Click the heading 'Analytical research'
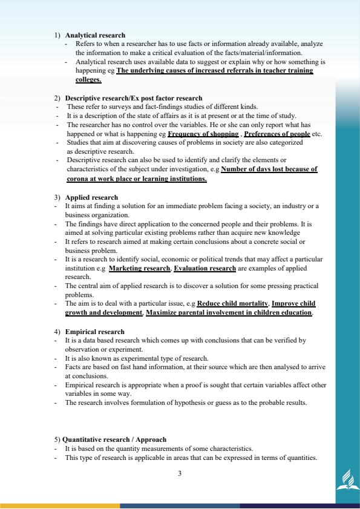[95, 35]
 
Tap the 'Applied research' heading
[91, 198]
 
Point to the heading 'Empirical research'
[94, 332]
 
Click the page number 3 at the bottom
[180, 473]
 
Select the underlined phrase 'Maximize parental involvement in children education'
[229, 313]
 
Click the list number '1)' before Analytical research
[58, 35]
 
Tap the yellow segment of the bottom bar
[60, 505]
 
